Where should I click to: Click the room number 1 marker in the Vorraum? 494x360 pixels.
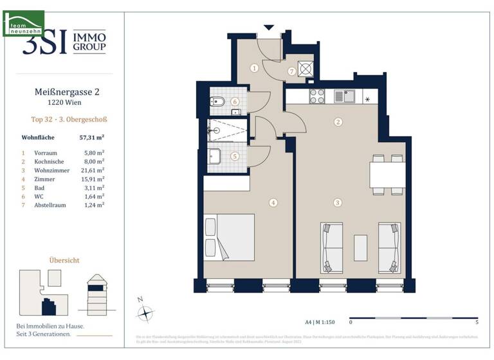tap(255, 67)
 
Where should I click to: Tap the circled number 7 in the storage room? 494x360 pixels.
tap(291, 72)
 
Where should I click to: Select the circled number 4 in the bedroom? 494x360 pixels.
tap(273, 203)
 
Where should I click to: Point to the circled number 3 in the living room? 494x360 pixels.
tap(337, 203)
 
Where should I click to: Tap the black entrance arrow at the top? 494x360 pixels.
tap(269, 27)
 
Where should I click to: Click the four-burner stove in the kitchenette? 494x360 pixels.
tap(317, 96)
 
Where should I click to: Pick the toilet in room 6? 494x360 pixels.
tap(216, 102)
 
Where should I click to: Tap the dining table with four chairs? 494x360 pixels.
tap(387, 174)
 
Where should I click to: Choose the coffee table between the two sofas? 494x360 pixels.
tap(360, 248)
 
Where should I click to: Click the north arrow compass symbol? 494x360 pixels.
tap(147, 313)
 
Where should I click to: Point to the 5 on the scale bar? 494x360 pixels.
tap(477, 321)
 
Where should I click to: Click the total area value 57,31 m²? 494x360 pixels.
tap(91, 138)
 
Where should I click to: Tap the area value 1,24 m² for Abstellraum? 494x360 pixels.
tap(94, 204)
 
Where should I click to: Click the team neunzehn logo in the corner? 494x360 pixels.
tap(23, 22)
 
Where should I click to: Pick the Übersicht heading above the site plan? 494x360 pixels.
tap(64, 260)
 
